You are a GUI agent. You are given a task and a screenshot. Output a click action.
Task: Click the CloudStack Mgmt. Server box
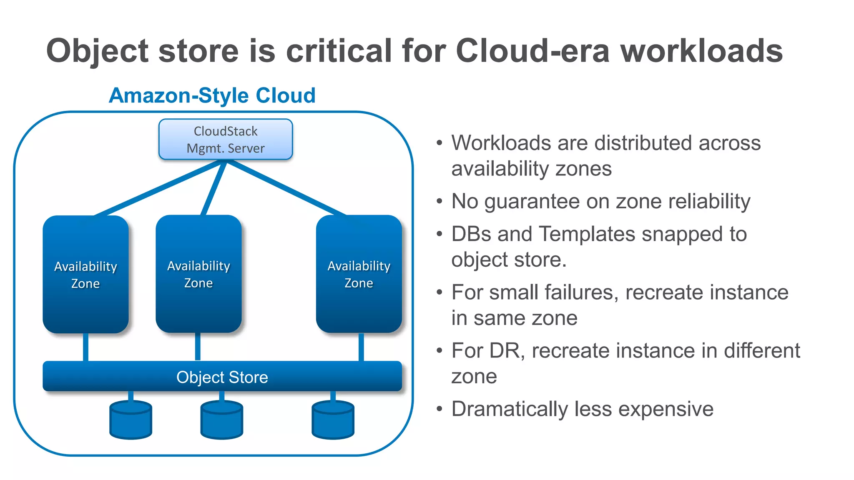tap(226, 140)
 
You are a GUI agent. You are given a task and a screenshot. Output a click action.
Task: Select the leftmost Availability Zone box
tap(85, 274)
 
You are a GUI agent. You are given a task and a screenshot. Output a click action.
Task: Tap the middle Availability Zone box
tap(198, 274)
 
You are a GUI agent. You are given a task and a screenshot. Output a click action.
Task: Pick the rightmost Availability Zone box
tap(359, 274)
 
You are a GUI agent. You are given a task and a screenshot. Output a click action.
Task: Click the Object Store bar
tap(222, 377)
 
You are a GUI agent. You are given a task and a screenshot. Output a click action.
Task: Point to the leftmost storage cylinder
tap(131, 420)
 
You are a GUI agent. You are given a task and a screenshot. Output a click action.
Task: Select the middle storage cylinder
tap(221, 420)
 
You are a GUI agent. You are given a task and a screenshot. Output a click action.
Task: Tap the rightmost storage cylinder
tap(333, 420)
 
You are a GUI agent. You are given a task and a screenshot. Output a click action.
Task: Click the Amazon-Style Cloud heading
tap(212, 95)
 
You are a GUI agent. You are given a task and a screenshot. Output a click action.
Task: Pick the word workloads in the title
tap(701, 51)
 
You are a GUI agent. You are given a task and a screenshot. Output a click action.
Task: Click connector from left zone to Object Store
tap(85, 347)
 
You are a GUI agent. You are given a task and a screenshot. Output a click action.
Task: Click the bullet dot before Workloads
tap(439, 143)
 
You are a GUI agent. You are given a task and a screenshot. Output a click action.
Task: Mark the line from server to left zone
tap(158, 188)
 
